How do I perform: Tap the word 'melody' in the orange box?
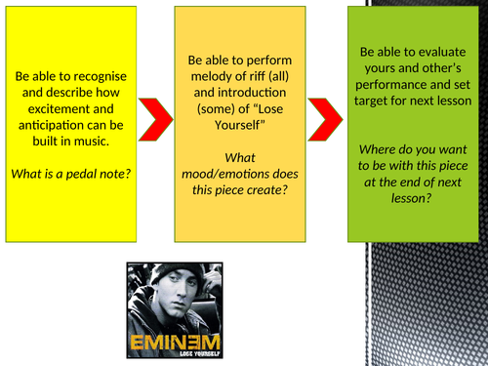pyautogui.click(x=203, y=75)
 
